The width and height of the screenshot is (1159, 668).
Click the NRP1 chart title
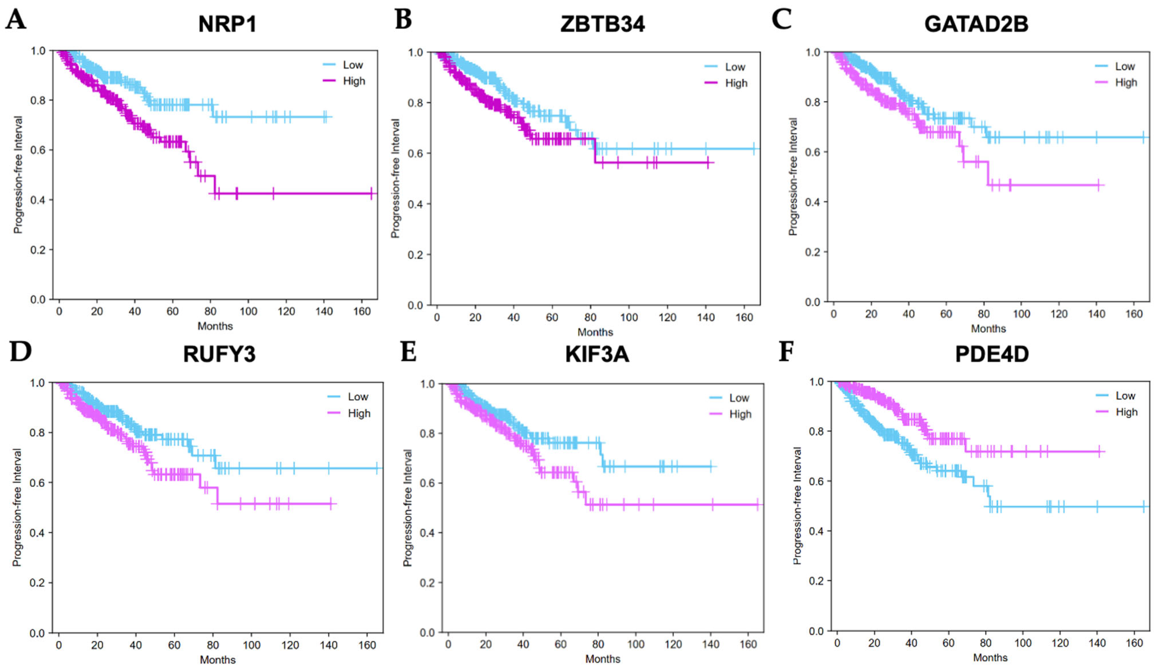tap(227, 24)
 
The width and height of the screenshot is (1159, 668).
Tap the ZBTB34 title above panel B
tap(603, 24)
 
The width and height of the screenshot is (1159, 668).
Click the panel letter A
tap(16, 21)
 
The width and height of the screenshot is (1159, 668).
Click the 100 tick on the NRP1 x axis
tap(248, 312)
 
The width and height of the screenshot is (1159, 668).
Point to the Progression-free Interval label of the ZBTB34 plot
tap(395, 179)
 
